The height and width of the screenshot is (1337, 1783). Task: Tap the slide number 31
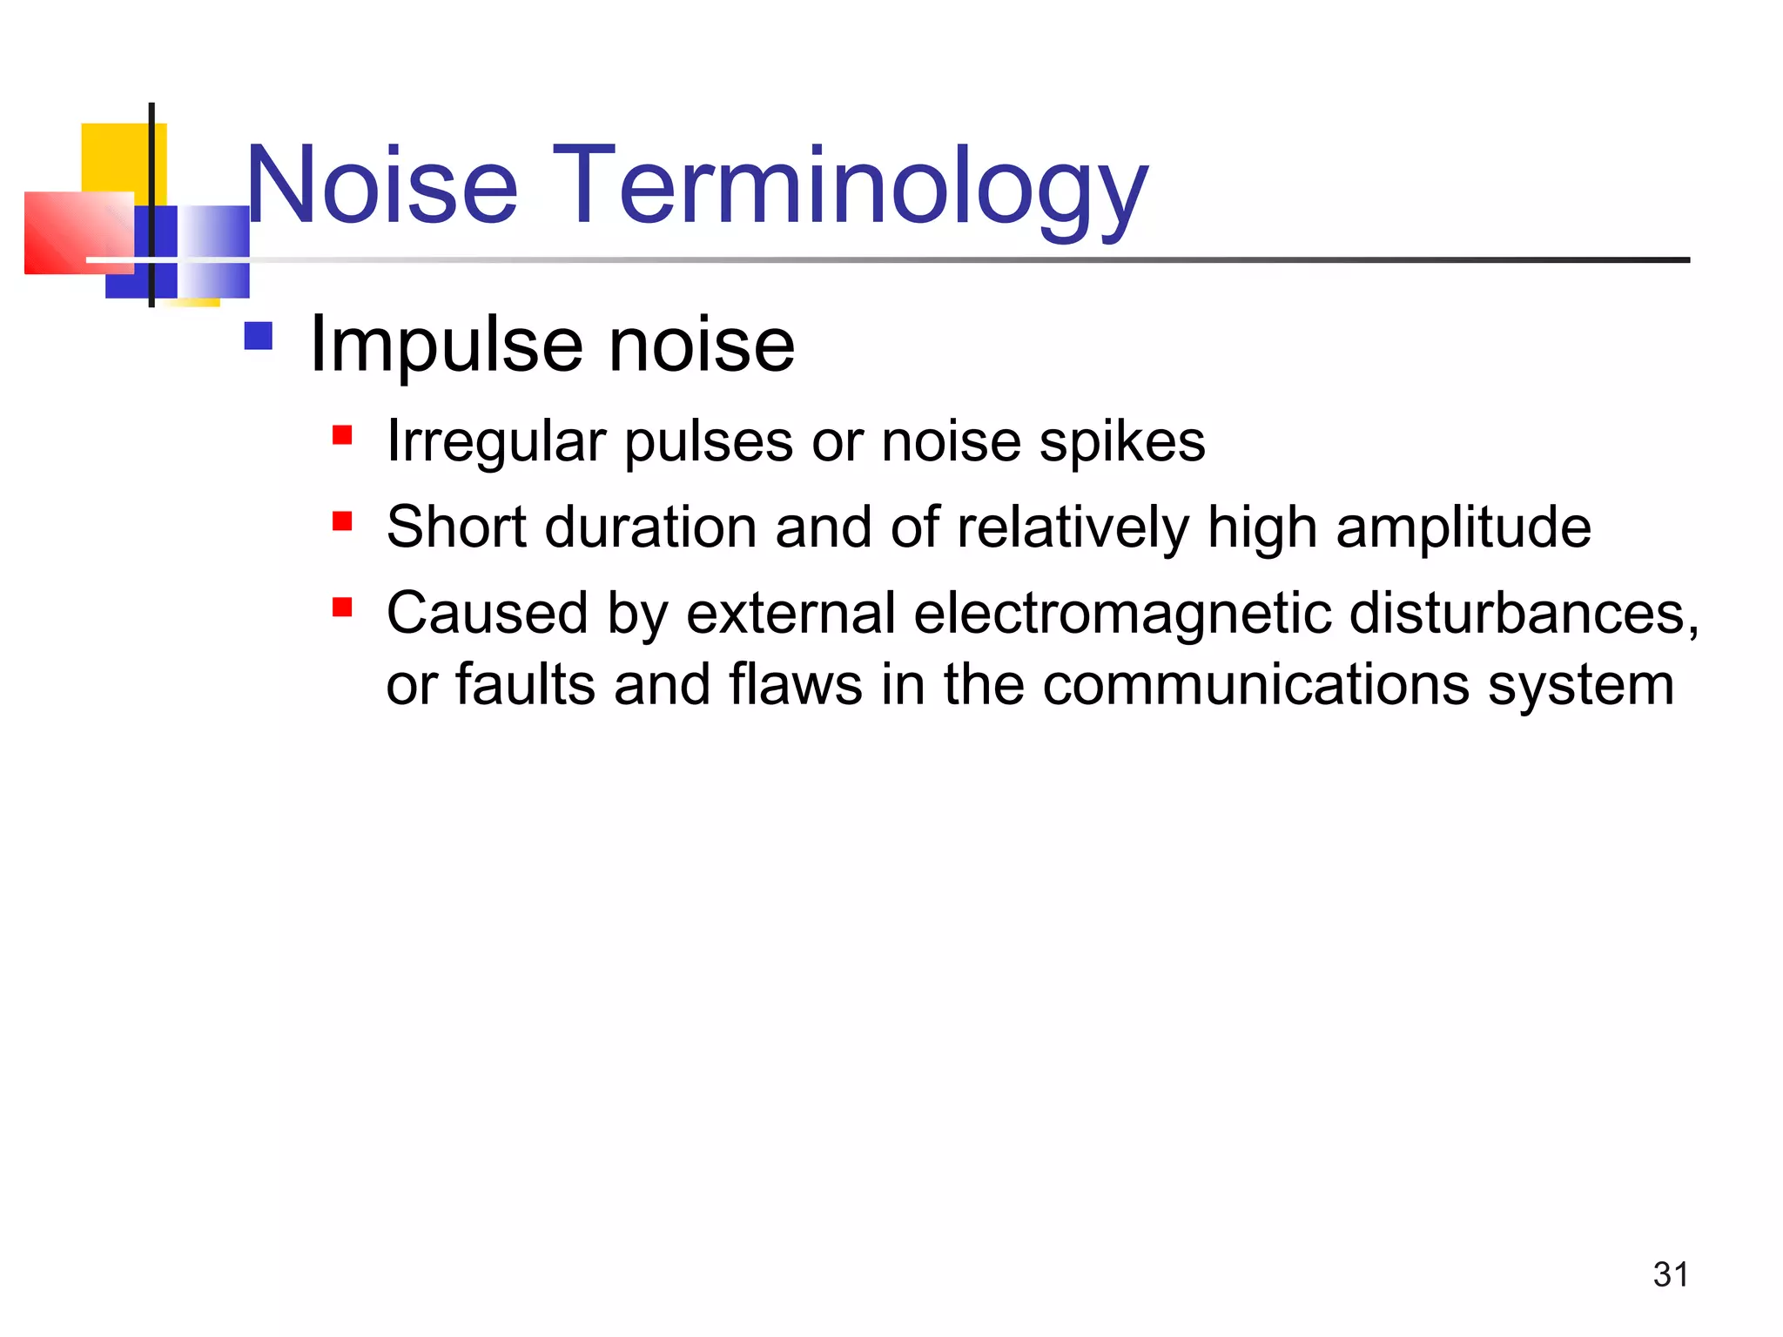pyautogui.click(x=1670, y=1274)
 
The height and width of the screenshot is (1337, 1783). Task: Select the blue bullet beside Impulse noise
pyautogui.click(x=259, y=336)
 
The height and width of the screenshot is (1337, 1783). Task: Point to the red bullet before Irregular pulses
pyautogui.click(x=342, y=434)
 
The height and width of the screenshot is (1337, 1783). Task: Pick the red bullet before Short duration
pyautogui.click(x=342, y=521)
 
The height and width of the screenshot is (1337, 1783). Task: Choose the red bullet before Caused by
pyautogui.click(x=342, y=607)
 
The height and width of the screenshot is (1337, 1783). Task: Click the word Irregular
pyautogui.click(x=496, y=442)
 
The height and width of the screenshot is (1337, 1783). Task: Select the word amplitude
pyautogui.click(x=1463, y=528)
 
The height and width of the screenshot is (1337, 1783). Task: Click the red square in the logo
pyautogui.click(x=78, y=232)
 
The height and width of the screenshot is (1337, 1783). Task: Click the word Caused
pyautogui.click(x=487, y=613)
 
